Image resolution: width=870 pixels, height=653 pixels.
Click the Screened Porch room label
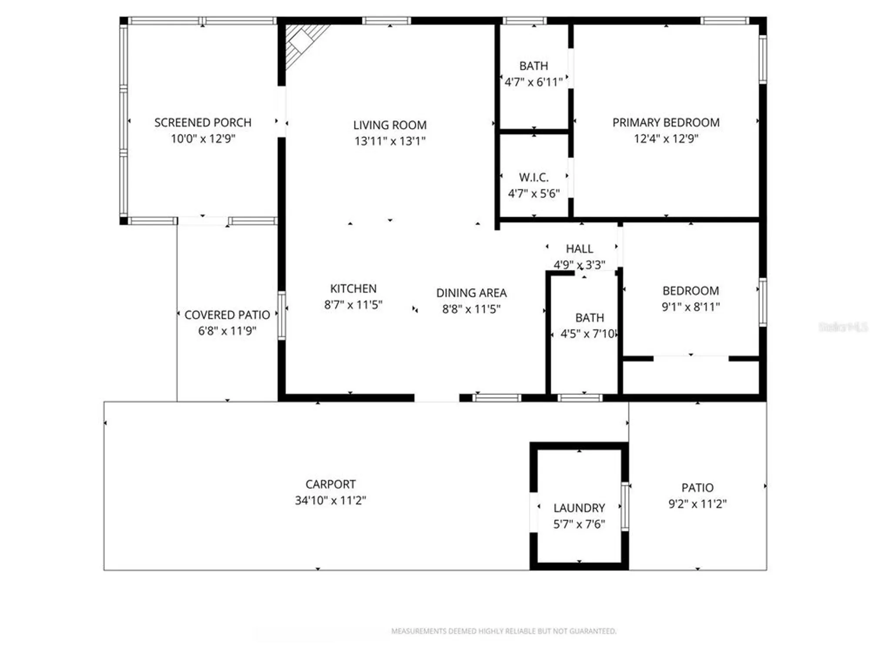(203, 122)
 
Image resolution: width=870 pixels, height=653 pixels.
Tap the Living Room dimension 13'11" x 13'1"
(390, 141)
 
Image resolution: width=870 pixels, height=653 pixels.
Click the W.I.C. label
(534, 177)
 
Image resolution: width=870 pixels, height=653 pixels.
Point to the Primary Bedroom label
(666, 122)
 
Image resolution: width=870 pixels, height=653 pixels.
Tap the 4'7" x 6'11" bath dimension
(534, 82)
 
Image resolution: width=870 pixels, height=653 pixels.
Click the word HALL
(579, 249)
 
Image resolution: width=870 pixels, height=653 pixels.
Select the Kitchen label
(353, 288)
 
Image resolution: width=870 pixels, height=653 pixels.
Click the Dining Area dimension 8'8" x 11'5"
(471, 309)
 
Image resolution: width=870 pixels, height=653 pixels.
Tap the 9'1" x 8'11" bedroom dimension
(690, 307)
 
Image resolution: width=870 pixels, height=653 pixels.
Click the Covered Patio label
(227, 315)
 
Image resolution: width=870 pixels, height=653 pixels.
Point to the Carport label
(330, 484)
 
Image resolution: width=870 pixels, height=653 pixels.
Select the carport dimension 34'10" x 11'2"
(330, 500)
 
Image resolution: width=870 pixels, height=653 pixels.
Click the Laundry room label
(579, 508)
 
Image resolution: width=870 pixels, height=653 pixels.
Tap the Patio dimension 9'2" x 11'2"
(697, 504)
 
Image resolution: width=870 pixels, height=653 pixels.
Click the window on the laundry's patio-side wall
(625, 506)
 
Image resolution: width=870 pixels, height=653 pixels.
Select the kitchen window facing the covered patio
(281, 316)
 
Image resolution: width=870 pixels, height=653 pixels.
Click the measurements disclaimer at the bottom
(503, 631)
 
